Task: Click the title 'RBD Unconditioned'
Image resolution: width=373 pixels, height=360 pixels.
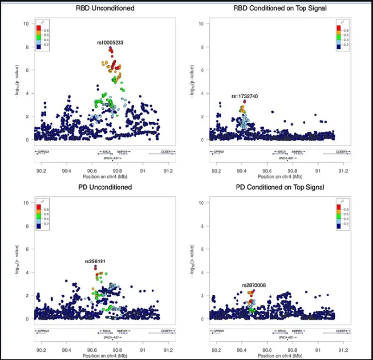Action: point(105,8)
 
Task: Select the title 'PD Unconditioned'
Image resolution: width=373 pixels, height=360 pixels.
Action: point(105,187)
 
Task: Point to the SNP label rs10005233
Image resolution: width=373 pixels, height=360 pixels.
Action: point(109,43)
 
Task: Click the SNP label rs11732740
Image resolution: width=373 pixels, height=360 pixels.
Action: point(244,96)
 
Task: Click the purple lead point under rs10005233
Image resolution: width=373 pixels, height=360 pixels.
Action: point(110,49)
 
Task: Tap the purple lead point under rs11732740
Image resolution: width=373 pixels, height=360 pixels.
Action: point(245,101)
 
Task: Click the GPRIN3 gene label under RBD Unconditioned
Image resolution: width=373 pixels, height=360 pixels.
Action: point(43,152)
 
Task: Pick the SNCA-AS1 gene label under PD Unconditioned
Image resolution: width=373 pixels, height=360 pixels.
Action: point(109,337)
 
